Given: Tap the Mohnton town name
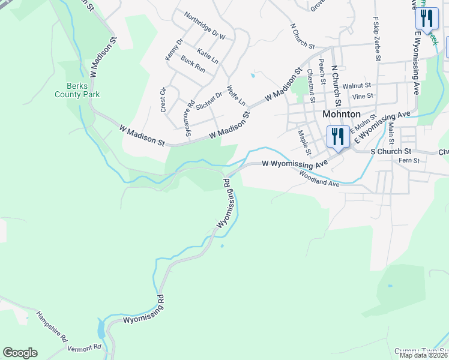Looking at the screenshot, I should point(341,113).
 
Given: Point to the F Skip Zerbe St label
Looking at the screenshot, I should point(377,39).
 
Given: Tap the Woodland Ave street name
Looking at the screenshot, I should point(319,179).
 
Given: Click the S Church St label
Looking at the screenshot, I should point(390,152).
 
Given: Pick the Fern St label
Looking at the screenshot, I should point(408,161).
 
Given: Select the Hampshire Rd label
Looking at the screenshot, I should point(52,325).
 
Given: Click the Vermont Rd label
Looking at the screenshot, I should point(84,348).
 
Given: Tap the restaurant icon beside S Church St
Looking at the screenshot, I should point(337,137).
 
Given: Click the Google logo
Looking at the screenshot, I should point(20,353).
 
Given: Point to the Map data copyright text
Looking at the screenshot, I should point(423,355).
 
